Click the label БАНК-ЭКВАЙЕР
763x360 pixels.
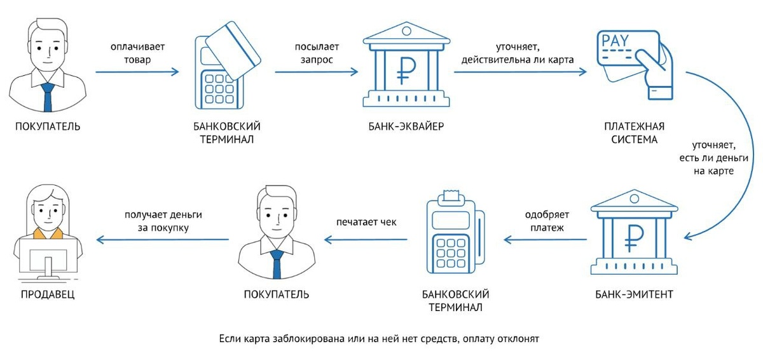(x=406, y=126)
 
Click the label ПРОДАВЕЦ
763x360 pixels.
(x=48, y=294)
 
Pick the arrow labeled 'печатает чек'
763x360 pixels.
(x=366, y=240)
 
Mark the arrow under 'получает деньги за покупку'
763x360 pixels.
(x=163, y=240)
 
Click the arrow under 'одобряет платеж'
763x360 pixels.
(x=546, y=240)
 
